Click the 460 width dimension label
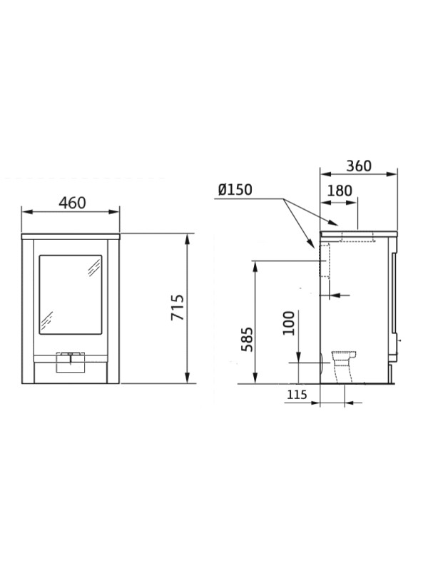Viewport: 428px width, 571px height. pyautogui.click(x=73, y=203)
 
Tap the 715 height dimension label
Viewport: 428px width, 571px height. pyautogui.click(x=178, y=308)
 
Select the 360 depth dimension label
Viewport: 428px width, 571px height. pyautogui.click(x=359, y=166)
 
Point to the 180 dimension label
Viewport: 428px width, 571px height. pyautogui.click(x=340, y=191)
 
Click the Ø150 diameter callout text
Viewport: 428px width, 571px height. pyautogui.click(x=235, y=190)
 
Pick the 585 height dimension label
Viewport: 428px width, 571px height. pyautogui.click(x=248, y=340)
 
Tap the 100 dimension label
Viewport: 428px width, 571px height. pyautogui.click(x=289, y=323)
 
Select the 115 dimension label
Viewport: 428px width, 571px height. pyautogui.click(x=297, y=395)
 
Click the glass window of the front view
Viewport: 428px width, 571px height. pyautogui.click(x=71, y=295)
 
